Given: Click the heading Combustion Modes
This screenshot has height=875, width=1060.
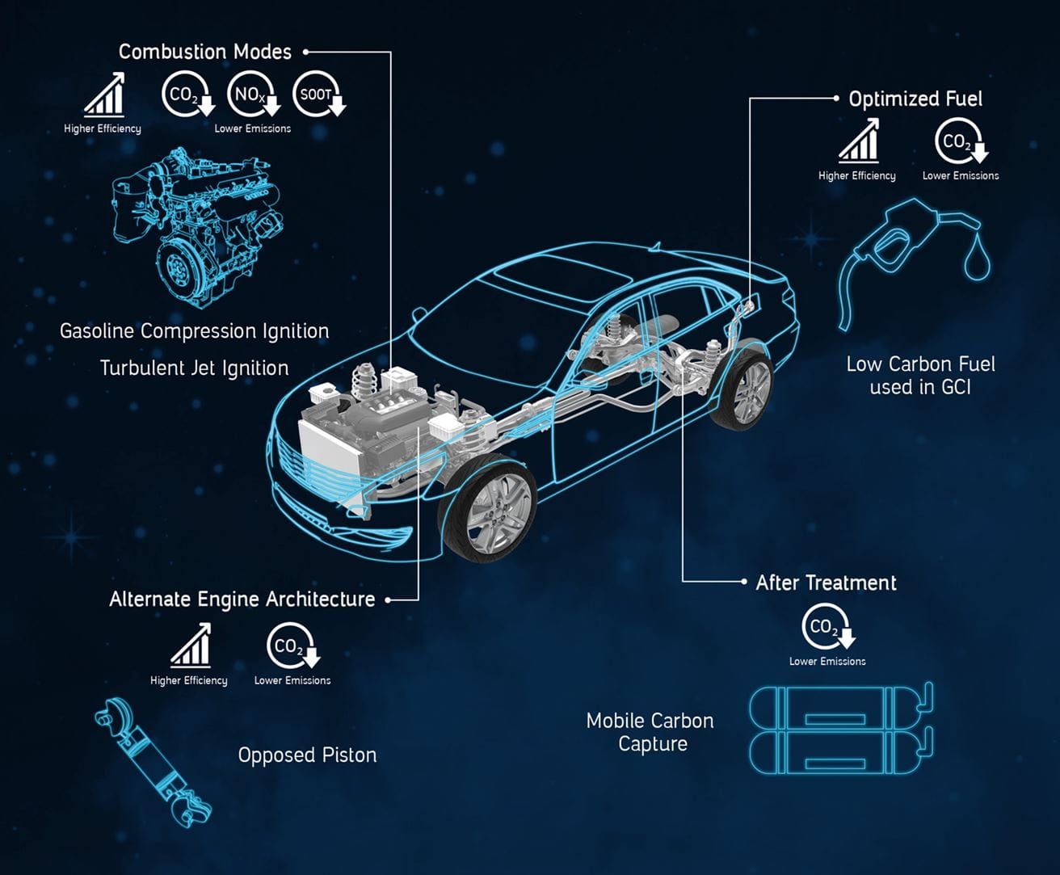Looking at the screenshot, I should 204,52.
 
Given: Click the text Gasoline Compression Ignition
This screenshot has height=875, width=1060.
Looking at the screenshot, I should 194,331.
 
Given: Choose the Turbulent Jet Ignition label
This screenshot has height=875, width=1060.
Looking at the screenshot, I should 194,368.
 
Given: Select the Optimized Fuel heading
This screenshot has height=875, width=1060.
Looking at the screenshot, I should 915,99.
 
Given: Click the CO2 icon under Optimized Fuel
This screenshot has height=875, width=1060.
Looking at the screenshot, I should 960,143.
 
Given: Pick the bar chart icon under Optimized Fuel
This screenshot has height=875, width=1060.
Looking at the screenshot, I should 858,141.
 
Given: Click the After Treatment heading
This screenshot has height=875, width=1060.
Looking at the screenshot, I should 826,583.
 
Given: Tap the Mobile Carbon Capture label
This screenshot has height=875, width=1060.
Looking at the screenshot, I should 650,732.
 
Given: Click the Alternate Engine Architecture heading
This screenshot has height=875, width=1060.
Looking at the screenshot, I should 242,599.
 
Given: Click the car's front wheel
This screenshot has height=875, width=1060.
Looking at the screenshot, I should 486,509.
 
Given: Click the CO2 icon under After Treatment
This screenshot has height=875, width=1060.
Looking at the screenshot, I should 827,628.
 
